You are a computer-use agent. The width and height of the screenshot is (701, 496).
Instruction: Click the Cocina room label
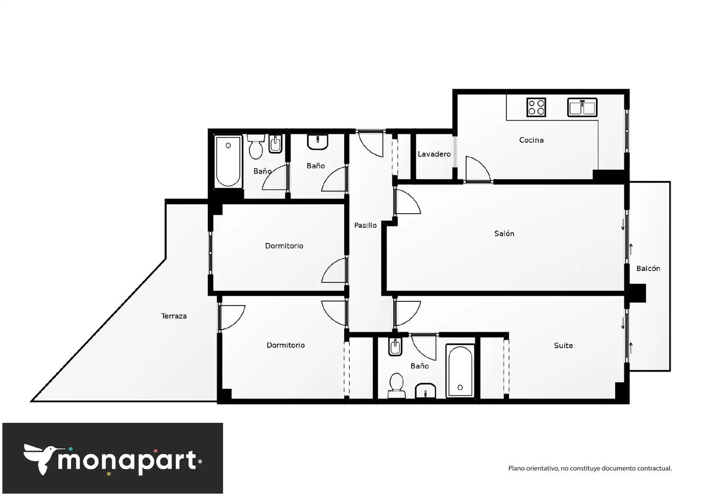pyautogui.click(x=531, y=140)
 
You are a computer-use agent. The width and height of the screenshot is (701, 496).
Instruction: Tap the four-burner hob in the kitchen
pyautogui.click(x=536, y=107)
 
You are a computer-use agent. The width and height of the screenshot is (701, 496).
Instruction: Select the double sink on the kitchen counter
pyautogui.click(x=582, y=107)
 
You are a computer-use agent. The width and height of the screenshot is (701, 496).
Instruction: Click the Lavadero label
pyautogui.click(x=434, y=154)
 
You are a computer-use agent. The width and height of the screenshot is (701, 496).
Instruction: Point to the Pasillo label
pyautogui.click(x=365, y=225)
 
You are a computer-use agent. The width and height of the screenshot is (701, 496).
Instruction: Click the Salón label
pyautogui.click(x=504, y=233)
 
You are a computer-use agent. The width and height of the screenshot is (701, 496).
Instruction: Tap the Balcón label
pyautogui.click(x=648, y=268)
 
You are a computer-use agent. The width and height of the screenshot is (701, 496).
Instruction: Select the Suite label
pyautogui.click(x=563, y=345)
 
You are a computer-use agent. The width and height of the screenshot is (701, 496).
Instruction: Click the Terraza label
pyautogui.click(x=174, y=316)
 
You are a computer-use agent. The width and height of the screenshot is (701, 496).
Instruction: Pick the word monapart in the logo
pyautogui.click(x=127, y=462)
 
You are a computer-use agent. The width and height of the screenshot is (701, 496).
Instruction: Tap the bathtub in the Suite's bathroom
pyautogui.click(x=460, y=371)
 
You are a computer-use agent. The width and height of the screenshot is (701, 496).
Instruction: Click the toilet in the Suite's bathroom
pyautogui.click(x=396, y=385)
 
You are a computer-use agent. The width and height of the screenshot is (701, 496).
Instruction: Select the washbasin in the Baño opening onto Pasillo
pyautogui.click(x=317, y=142)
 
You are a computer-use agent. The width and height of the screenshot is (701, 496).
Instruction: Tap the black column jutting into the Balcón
pyautogui.click(x=638, y=293)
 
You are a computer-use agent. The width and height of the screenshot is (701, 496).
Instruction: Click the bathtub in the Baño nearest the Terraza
pyautogui.click(x=228, y=162)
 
